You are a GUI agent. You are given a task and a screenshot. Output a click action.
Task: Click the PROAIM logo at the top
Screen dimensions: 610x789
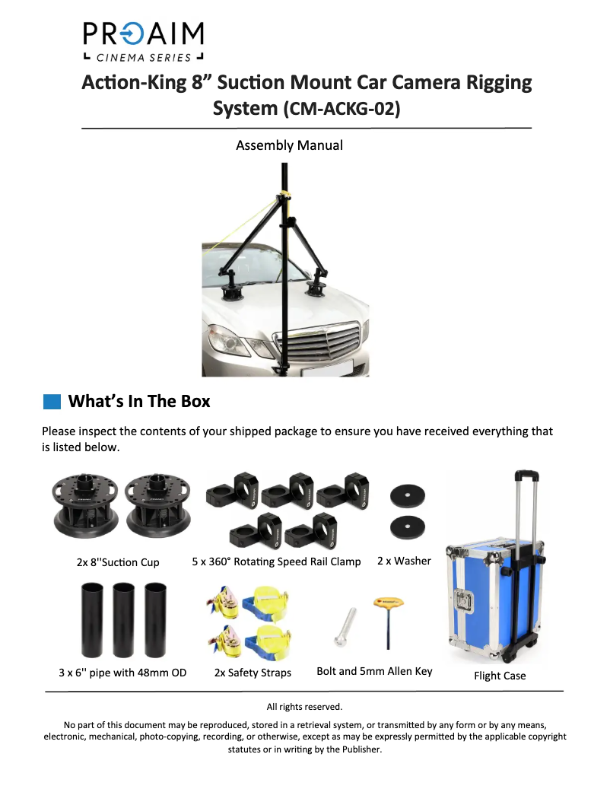(143, 42)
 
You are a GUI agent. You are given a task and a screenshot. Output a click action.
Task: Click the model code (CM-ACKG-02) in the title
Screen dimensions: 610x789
(342, 108)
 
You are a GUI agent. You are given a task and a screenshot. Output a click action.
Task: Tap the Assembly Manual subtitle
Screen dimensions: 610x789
(289, 145)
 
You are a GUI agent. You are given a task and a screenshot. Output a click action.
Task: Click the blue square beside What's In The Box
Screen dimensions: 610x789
(52, 402)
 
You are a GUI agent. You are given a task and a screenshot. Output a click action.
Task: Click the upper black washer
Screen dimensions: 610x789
(408, 495)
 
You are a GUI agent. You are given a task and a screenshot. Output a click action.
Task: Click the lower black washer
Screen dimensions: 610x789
(408, 527)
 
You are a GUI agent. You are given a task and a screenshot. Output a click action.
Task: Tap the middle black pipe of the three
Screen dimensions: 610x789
(124, 620)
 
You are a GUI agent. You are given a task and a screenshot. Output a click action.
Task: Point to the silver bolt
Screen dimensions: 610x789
(345, 627)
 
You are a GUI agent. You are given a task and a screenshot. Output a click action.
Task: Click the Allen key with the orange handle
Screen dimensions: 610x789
(389, 622)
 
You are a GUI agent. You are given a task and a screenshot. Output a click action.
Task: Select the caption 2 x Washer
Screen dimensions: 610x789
(405, 561)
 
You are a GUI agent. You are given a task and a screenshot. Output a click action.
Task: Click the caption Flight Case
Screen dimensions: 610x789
(500, 676)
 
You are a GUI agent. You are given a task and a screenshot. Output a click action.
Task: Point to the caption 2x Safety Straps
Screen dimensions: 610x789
(253, 673)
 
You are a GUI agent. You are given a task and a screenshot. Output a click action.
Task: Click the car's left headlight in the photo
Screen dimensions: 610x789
(227, 339)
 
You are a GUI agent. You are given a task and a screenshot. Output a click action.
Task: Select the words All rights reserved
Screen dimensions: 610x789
(305, 707)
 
